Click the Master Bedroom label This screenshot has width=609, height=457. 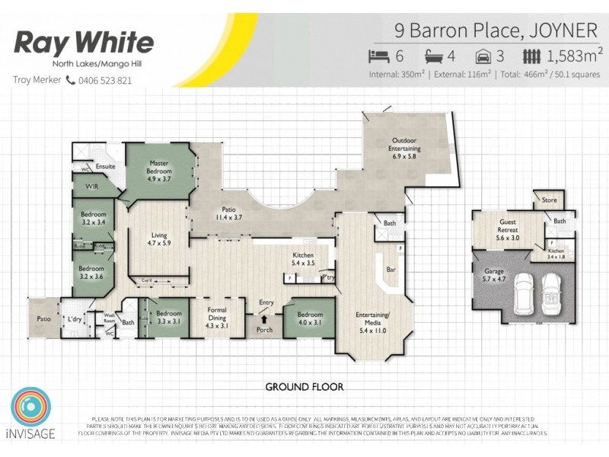[x=159, y=167]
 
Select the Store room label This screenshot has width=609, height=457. [x=550, y=200]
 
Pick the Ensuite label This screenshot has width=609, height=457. [x=105, y=165]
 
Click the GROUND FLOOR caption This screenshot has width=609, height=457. [x=304, y=387]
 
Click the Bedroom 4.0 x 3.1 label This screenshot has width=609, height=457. [x=309, y=318]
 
